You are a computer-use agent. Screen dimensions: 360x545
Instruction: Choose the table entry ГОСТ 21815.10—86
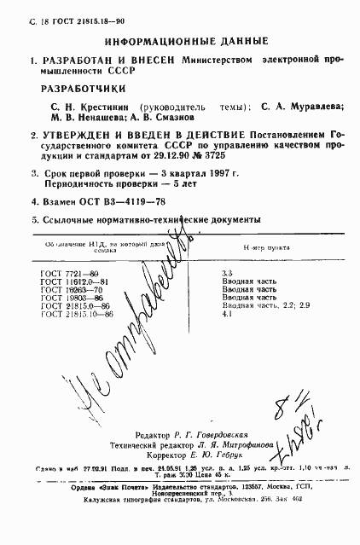pyautogui.click(x=77, y=314)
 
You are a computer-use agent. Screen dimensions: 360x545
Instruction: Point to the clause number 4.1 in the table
pyautogui.click(x=227, y=314)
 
